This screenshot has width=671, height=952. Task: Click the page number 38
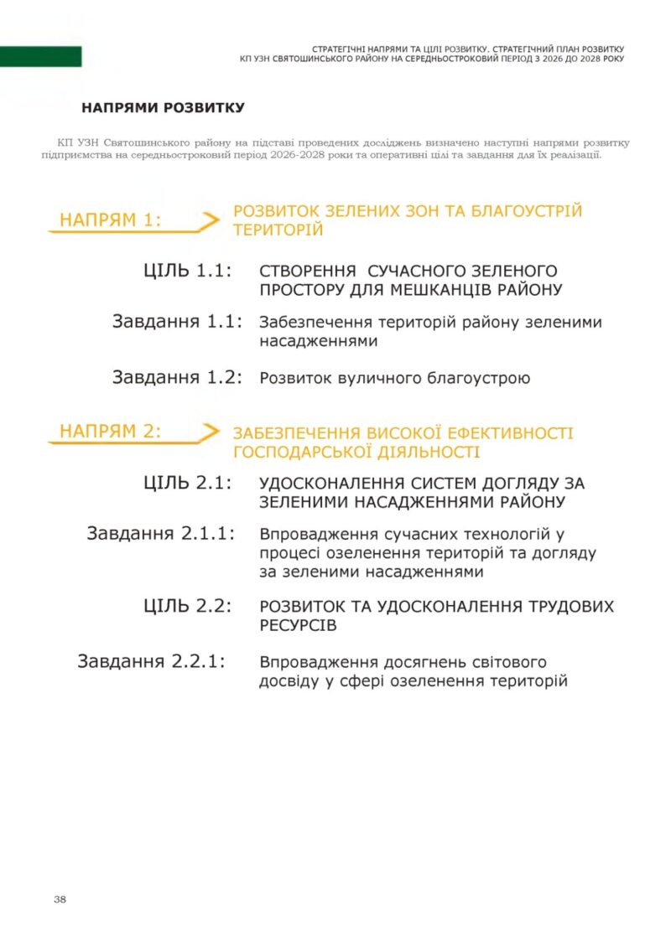[x=60, y=898]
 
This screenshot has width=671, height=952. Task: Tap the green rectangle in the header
[x=40, y=57]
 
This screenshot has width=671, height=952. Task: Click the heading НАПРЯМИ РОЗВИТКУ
[x=163, y=107]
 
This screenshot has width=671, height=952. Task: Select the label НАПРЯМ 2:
[x=110, y=432]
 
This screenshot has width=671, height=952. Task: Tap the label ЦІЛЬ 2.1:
[x=187, y=483]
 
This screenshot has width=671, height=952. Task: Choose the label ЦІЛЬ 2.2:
[x=187, y=606]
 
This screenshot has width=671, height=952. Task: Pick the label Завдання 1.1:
[x=177, y=322]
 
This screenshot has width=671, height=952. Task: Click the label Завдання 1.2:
[x=177, y=377]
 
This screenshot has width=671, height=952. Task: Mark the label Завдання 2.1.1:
[x=160, y=533]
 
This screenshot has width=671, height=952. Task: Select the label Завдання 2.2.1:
[x=152, y=661]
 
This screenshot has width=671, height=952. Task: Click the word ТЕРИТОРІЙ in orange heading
[x=278, y=230]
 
